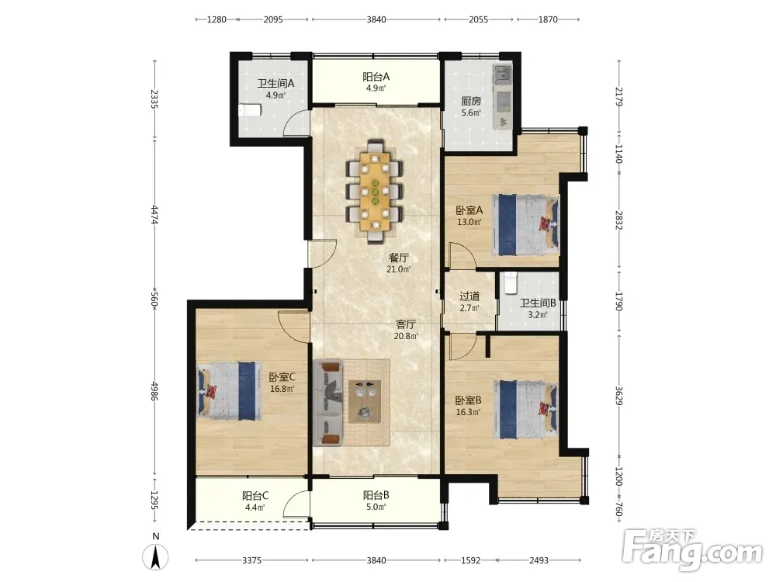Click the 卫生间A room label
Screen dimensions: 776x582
tap(275, 83)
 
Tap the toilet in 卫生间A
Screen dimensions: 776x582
tap(250, 110)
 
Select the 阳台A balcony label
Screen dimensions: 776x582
tap(376, 77)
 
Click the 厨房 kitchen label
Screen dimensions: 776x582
tap(471, 101)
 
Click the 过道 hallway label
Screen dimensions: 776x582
tap(469, 296)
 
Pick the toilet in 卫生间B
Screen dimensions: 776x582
tap(510, 282)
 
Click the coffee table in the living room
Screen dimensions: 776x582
tap(365, 401)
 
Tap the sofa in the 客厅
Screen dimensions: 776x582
tap(327, 403)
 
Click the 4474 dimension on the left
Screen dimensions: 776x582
tap(154, 215)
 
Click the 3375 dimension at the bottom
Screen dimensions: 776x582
tap(252, 560)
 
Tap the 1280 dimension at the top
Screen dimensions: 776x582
tap(217, 20)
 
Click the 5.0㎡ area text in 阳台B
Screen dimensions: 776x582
tap(376, 507)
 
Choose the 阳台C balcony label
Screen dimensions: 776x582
tap(255, 495)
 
